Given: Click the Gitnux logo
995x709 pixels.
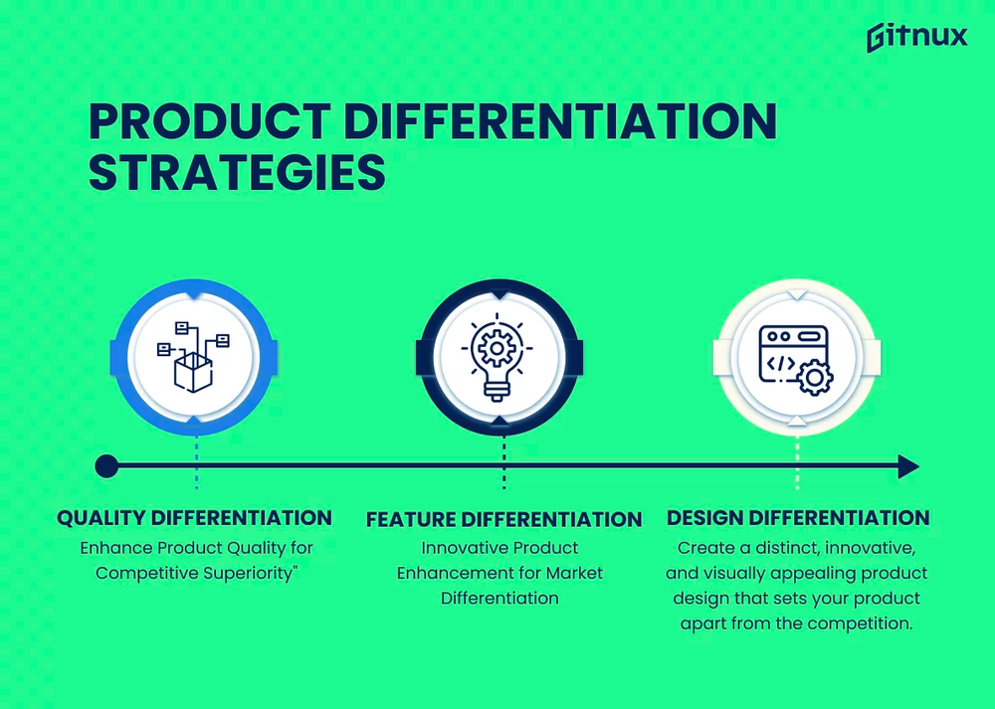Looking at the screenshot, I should pyautogui.click(x=915, y=37).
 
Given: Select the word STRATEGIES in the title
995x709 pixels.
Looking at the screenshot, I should pyautogui.click(x=237, y=171).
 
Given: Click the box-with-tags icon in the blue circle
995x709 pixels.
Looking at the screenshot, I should pyautogui.click(x=196, y=356).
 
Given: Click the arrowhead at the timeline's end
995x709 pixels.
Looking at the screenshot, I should pyautogui.click(x=907, y=465).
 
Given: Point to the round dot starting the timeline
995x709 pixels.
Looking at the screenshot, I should pyautogui.click(x=106, y=465).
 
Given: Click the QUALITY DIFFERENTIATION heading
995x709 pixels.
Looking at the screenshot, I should pyautogui.click(x=194, y=518).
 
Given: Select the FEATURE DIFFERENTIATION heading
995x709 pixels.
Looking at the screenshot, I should pyautogui.click(x=503, y=519).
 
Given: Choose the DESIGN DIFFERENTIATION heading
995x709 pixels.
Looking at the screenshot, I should pyautogui.click(x=798, y=518).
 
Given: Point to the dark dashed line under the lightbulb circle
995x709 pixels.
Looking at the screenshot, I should pyautogui.click(x=503, y=467).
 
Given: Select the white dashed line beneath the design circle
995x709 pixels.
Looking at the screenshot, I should pyautogui.click(x=796, y=467).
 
